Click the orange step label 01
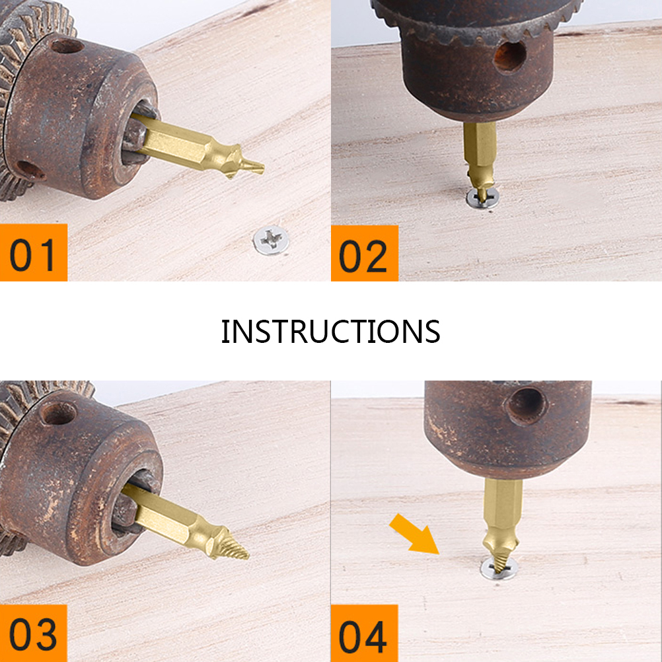(33, 252)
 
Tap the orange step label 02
(364, 253)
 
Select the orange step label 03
(33, 634)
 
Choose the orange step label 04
(364, 634)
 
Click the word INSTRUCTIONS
(330, 332)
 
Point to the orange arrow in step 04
(414, 534)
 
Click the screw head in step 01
(271, 240)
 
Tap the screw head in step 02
(482, 198)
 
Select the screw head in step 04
(499, 568)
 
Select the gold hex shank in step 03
(163, 513)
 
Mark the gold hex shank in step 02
(480, 143)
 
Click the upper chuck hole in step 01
(67, 46)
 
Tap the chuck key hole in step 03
(58, 414)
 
